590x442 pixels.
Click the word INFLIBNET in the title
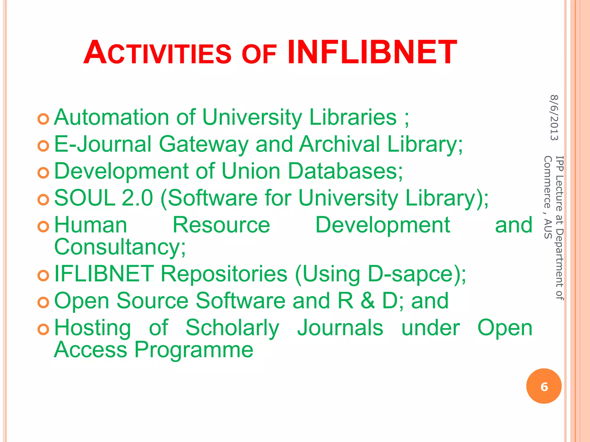pyautogui.click(x=372, y=52)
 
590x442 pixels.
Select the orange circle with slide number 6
pyautogui.click(x=544, y=386)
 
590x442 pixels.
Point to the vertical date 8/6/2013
pyautogui.click(x=554, y=118)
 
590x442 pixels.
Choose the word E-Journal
pyautogui.click(x=103, y=144)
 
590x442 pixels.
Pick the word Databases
pyautogui.click(x=345, y=171)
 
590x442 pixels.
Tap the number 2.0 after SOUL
pyautogui.click(x=137, y=198)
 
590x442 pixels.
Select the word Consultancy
pyautogui.click(x=120, y=247)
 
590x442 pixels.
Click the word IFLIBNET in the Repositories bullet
pyautogui.click(x=104, y=274)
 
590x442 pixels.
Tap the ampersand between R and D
pyautogui.click(x=368, y=301)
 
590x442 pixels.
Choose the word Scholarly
pyautogui.click(x=232, y=328)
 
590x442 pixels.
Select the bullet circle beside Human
pyautogui.click(x=44, y=226)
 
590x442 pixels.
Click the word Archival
pyautogui.click(x=339, y=144)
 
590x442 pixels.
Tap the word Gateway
pyautogui.click(x=203, y=144)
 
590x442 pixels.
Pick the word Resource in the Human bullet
pyautogui.click(x=221, y=225)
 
